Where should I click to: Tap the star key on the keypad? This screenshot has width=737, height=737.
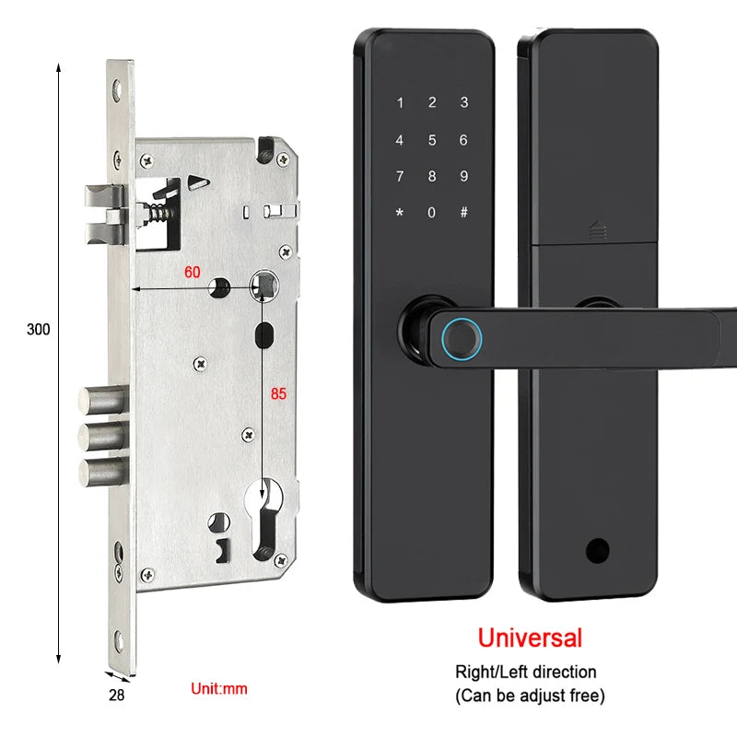400,213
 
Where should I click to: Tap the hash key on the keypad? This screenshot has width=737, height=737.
463,213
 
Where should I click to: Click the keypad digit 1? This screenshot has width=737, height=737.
400,103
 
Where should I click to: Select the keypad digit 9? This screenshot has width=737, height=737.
463,176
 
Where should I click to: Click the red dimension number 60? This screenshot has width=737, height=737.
193,272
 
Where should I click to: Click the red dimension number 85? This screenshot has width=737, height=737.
278,393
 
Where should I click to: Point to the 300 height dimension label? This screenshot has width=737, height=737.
38,329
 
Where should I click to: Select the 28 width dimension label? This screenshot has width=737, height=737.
116,695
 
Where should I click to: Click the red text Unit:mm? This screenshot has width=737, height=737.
218,688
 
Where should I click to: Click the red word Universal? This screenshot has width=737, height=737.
529,637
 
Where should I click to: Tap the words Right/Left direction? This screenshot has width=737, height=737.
526,672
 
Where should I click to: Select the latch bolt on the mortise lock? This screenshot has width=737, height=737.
104,207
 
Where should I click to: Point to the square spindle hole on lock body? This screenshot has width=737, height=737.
263,285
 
